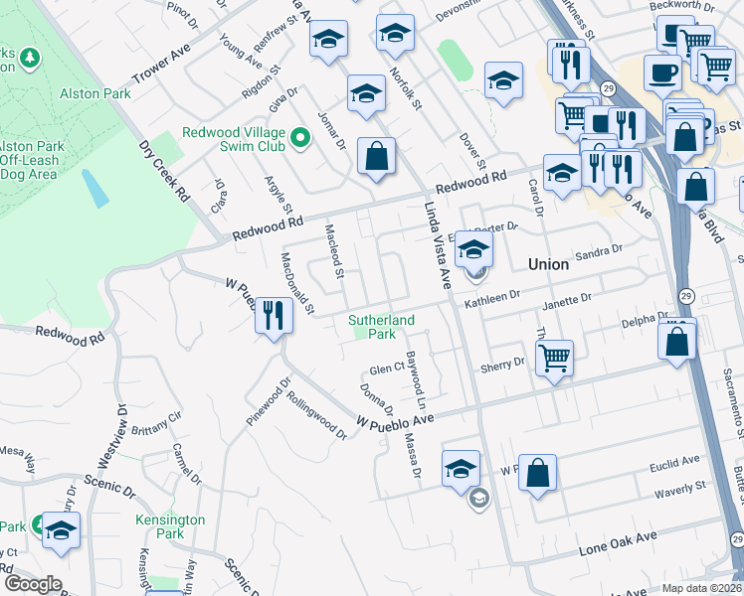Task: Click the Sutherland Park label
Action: pos(381,327)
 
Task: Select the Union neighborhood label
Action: pos(548,264)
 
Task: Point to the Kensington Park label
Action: pos(170,526)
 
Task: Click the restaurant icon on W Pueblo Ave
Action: pos(273,317)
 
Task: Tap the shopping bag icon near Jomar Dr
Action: pos(376,156)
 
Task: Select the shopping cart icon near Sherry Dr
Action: pos(554,357)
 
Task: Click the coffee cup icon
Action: pos(661,72)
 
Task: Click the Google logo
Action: pos(32,584)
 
